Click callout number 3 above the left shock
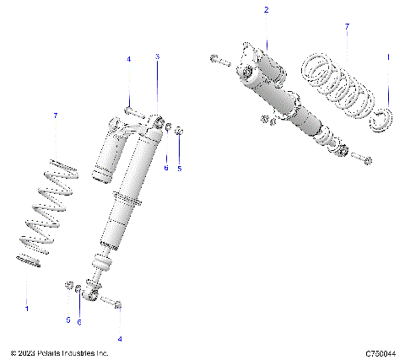[157, 56]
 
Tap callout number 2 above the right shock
[267, 10]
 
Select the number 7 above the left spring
[56, 115]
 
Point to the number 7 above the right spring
[346, 28]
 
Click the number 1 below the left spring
[26, 309]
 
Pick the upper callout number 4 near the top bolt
[129, 59]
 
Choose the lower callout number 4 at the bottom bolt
[119, 339]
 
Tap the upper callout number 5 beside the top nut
[179, 168]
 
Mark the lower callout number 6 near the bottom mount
[79, 322]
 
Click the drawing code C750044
[381, 354]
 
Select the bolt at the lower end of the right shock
[360, 158]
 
